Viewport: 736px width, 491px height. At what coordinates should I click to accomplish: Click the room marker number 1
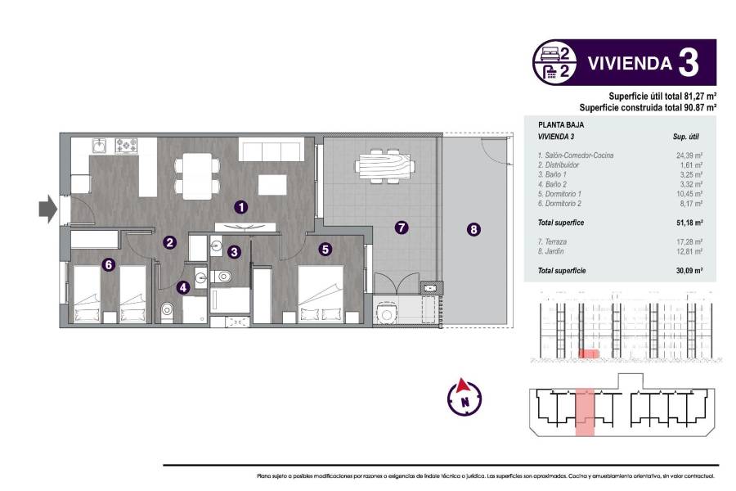[x=240, y=208]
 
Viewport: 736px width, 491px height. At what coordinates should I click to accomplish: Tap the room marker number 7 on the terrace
[x=402, y=227]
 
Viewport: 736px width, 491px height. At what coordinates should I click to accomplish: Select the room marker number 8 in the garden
[x=473, y=230]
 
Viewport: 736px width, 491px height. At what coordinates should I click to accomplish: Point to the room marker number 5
[x=325, y=250]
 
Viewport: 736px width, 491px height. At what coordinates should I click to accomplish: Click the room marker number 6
[x=107, y=264]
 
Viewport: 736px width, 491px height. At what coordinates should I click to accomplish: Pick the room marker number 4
[x=183, y=287]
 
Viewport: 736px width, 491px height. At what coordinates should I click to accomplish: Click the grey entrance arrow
[x=47, y=209]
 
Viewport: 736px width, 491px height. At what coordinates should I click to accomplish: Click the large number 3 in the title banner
[x=689, y=63]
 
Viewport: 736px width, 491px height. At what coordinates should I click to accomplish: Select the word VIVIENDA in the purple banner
[x=631, y=63]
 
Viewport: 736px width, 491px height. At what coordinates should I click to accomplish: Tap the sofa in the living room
[x=272, y=150]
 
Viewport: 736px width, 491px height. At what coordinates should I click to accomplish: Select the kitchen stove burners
[x=127, y=146]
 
